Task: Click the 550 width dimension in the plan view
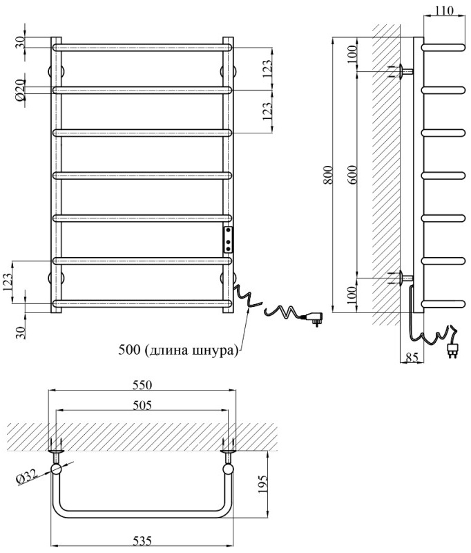click(142, 385)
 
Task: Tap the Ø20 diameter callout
click(20, 89)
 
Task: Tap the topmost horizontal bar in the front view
click(142, 47)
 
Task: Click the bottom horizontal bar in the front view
click(142, 303)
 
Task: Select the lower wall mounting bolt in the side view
click(401, 279)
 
